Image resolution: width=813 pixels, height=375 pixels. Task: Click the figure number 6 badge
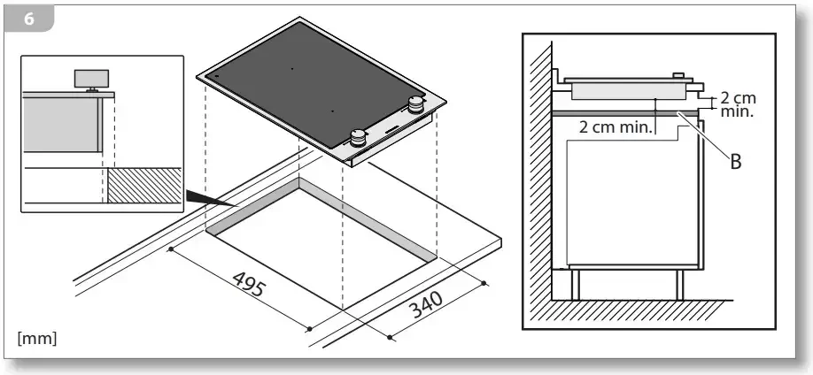click(29, 19)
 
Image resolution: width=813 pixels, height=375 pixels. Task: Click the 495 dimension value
click(250, 285)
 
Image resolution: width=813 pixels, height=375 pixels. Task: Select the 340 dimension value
click(426, 304)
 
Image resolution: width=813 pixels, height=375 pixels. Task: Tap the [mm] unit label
click(37, 339)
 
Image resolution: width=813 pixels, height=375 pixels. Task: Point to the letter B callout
click(736, 162)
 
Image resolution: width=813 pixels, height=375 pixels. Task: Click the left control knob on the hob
click(357, 138)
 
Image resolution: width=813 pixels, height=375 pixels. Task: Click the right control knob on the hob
click(415, 104)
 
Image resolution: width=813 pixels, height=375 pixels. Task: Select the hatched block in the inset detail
click(144, 185)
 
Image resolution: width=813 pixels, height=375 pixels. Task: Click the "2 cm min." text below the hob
click(615, 127)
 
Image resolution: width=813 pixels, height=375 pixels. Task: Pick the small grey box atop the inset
click(92, 78)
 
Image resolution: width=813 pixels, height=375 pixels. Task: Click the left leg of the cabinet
click(575, 285)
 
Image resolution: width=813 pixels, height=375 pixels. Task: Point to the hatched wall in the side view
click(540, 171)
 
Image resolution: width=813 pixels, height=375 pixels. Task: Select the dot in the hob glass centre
click(291, 68)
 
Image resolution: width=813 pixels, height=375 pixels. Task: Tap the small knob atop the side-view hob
click(678, 76)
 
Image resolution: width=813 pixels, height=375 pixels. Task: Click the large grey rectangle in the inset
click(61, 125)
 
